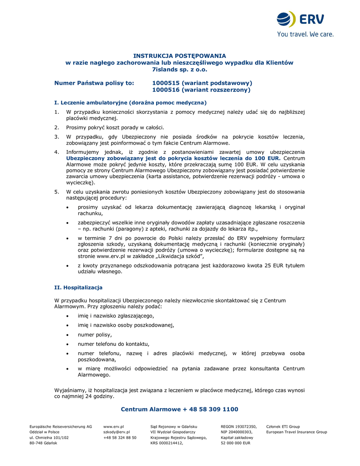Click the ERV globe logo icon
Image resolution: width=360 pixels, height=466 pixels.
(286, 20)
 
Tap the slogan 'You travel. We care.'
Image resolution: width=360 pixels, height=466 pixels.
(305, 34)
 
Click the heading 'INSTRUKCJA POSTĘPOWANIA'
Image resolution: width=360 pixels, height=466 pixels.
(179, 56)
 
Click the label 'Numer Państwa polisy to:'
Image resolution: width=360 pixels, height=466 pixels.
(94, 83)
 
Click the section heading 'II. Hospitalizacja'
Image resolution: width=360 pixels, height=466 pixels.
(78, 288)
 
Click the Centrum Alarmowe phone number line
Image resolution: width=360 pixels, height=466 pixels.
(179, 410)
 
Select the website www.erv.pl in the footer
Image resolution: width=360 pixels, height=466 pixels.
(114, 426)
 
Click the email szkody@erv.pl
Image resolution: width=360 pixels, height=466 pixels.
(117, 432)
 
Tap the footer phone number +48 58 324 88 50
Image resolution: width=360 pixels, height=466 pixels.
(120, 437)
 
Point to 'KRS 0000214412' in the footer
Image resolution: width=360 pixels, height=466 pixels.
(167, 443)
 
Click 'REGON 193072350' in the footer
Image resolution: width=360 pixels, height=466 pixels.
(238, 426)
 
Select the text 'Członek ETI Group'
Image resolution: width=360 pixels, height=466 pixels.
(283, 426)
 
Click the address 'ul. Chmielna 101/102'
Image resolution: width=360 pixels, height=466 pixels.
(49, 437)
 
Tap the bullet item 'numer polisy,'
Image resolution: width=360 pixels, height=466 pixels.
(95, 334)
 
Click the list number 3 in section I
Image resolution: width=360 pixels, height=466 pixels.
(56, 137)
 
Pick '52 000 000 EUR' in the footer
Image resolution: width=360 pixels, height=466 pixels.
(235, 443)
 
